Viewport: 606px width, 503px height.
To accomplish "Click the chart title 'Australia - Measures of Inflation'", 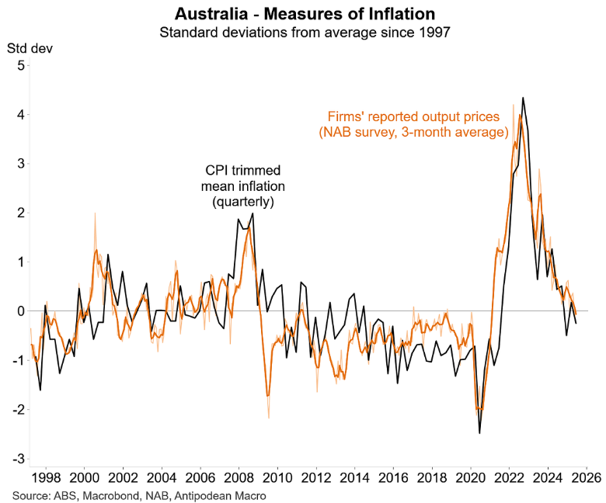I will tap(304, 14).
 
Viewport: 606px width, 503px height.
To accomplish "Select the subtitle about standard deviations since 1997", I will tap(304, 33).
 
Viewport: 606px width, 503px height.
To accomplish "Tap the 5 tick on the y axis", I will tap(19, 65).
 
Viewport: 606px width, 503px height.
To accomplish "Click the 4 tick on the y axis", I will tap(19, 114).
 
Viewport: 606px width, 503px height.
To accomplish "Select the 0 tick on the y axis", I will tap(19, 310).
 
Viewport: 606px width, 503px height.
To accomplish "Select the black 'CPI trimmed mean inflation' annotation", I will tap(242, 186).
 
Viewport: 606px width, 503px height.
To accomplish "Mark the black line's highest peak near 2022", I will tap(523, 98).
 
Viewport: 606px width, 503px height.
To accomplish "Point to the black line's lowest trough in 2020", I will tap(479, 432).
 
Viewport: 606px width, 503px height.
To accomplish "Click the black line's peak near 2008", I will tap(252, 213).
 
